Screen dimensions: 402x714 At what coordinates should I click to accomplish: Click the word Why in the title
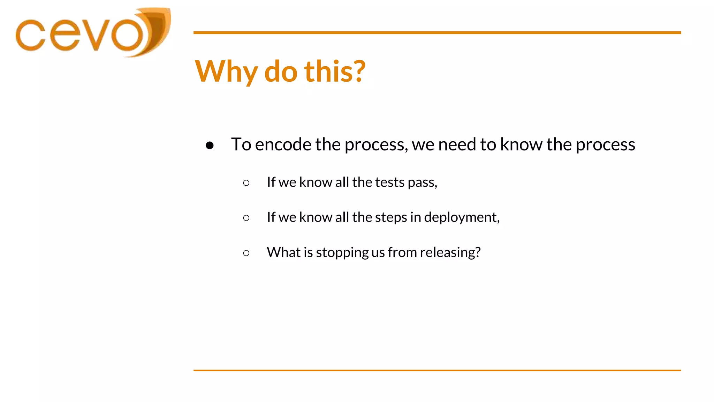[226, 72]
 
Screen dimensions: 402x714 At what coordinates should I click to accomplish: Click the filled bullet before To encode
[210, 145]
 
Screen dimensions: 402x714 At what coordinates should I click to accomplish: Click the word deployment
[461, 218]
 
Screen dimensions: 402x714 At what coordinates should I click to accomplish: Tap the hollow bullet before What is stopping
[246, 253]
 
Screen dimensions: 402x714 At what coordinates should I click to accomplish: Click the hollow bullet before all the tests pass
[246, 183]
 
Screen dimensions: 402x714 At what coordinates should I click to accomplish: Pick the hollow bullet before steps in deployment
[246, 218]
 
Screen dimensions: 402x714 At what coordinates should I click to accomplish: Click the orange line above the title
[437, 32]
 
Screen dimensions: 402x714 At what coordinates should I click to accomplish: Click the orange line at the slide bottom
[437, 370]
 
